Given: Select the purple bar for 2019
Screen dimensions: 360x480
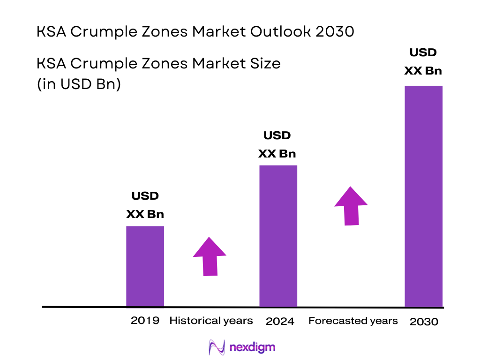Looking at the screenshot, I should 145,266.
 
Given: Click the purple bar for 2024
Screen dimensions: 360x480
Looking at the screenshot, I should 278,236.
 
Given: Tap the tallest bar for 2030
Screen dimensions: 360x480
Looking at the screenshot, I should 423,196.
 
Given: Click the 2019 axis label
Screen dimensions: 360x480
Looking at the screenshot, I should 145,321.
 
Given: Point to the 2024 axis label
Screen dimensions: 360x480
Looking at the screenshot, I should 280,322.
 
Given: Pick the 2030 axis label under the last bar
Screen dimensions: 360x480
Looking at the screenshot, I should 424,322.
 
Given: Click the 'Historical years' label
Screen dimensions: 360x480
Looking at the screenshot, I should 211,321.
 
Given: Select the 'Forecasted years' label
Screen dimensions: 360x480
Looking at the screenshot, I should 353,321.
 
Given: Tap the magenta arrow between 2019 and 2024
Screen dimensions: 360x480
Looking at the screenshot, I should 210,256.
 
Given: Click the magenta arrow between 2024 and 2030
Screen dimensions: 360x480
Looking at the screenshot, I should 351,206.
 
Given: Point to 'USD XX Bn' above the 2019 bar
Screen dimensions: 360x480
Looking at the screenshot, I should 145,205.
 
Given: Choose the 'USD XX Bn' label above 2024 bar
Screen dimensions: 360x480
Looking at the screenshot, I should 277,145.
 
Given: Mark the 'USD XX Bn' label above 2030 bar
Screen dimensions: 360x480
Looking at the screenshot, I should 423,62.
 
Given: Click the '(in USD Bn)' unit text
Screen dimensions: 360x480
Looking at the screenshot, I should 79,84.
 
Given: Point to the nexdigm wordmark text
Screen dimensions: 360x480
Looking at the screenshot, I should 253,347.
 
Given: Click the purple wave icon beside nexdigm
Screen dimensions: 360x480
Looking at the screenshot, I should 217,347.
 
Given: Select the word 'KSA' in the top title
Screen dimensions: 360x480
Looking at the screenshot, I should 52,32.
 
